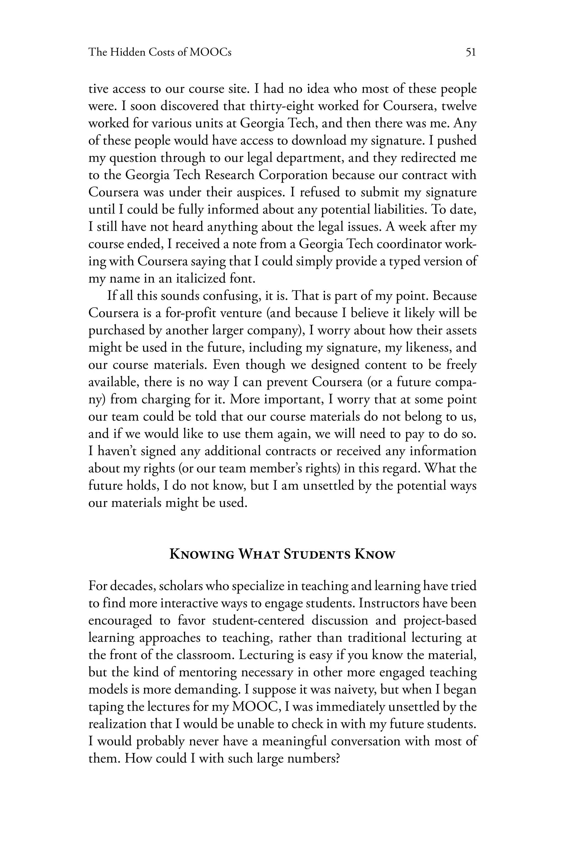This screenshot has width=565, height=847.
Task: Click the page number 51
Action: point(471,53)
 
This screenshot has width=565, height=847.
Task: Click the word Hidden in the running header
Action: point(127,53)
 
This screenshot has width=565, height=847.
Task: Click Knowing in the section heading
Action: point(201,554)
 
